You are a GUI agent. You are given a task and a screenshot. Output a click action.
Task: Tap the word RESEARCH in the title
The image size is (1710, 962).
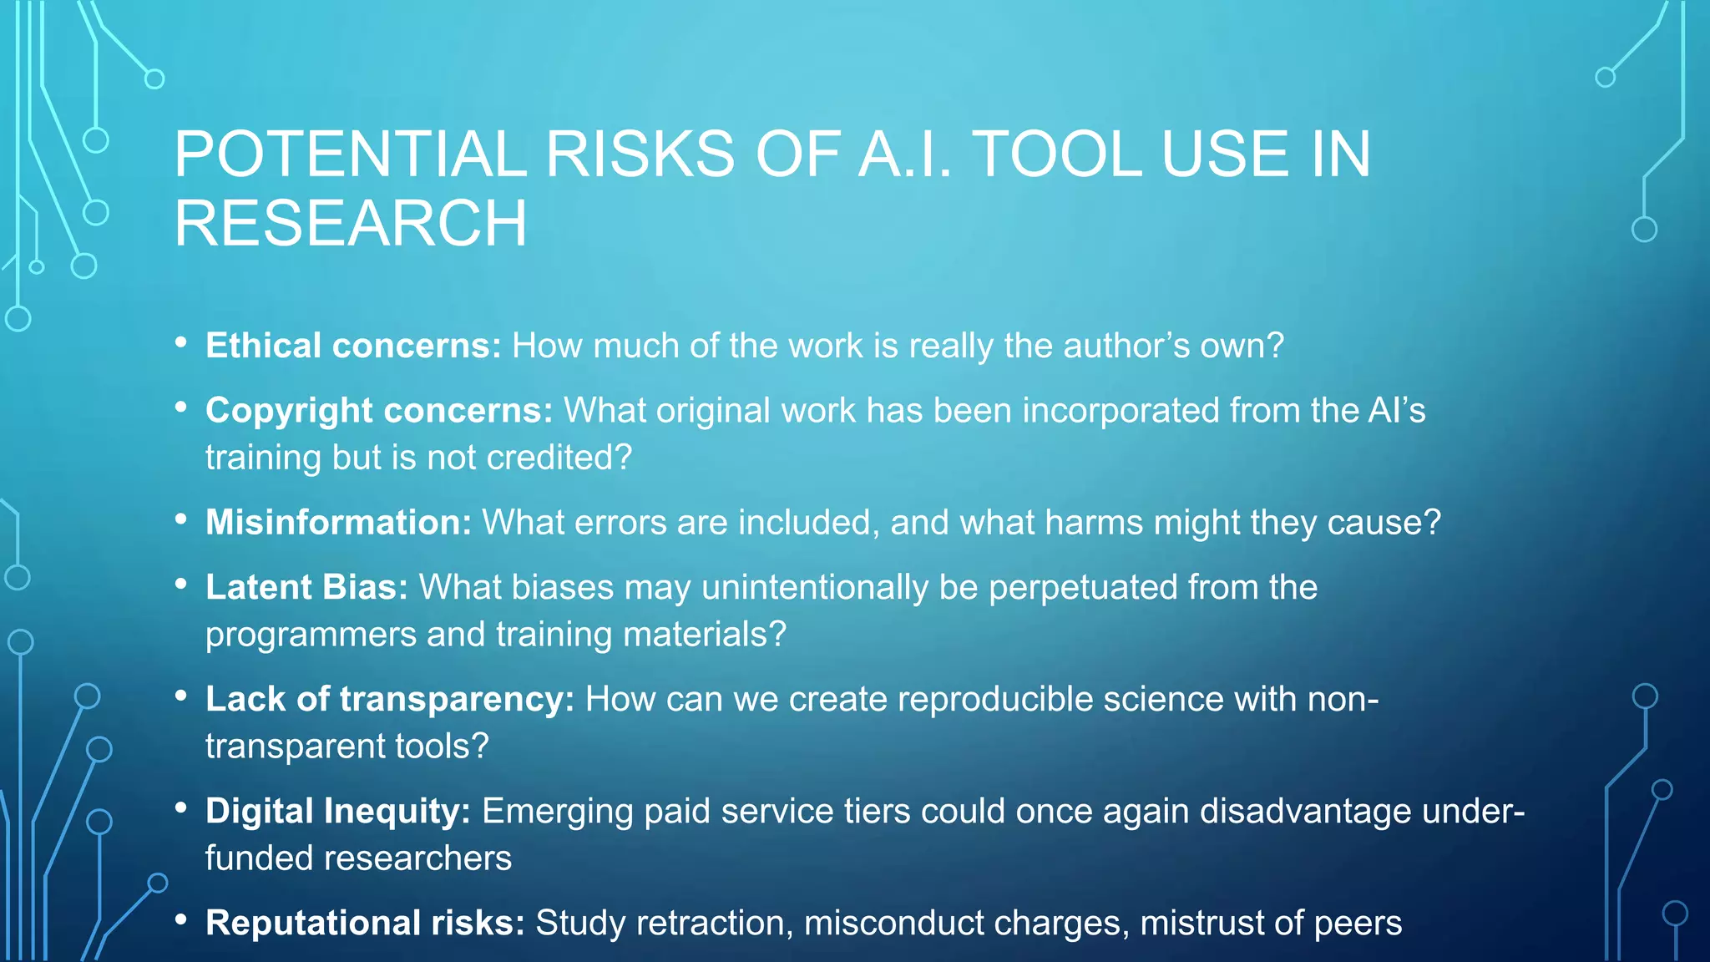point(351,223)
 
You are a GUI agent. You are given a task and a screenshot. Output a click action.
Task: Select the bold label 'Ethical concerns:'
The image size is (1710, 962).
point(353,346)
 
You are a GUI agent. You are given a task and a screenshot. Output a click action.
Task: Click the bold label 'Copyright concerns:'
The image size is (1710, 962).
point(379,411)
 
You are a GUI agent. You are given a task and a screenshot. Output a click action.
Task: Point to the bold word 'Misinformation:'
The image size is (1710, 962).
point(338,523)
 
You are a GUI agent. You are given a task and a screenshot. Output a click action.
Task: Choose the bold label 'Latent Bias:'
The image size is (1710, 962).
point(306,588)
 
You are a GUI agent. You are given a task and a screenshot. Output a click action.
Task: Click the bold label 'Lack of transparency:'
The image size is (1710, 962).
point(390,700)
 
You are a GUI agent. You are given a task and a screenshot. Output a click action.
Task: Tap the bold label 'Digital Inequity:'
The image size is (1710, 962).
point(338,812)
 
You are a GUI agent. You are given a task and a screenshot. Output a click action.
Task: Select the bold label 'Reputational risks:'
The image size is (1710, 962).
point(365,924)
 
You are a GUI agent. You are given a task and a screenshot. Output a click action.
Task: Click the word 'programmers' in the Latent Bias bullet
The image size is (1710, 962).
point(311,635)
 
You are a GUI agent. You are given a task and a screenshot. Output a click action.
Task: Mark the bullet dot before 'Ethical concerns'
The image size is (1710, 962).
point(181,342)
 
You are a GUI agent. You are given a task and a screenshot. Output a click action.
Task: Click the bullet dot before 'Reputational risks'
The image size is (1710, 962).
point(181,920)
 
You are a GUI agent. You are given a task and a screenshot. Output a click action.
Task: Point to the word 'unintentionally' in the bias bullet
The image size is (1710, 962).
point(815,588)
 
